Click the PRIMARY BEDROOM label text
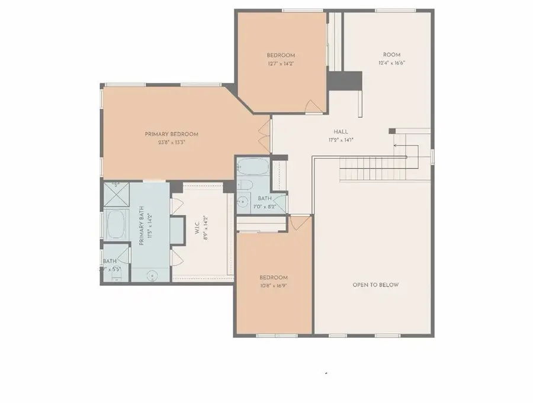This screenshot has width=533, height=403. [x=171, y=134]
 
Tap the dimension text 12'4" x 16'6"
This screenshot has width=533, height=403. [x=391, y=63]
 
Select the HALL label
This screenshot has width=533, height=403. [x=341, y=132]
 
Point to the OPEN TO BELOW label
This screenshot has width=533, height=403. [x=375, y=285]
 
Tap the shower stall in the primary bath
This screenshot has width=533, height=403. [x=117, y=192]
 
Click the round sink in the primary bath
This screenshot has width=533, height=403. [x=153, y=275]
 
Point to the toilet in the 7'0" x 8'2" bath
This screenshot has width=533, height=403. [x=244, y=186]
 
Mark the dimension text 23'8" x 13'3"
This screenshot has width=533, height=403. [x=171, y=142]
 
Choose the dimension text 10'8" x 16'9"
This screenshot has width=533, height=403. [x=273, y=285]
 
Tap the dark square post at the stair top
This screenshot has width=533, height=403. [x=392, y=131]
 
